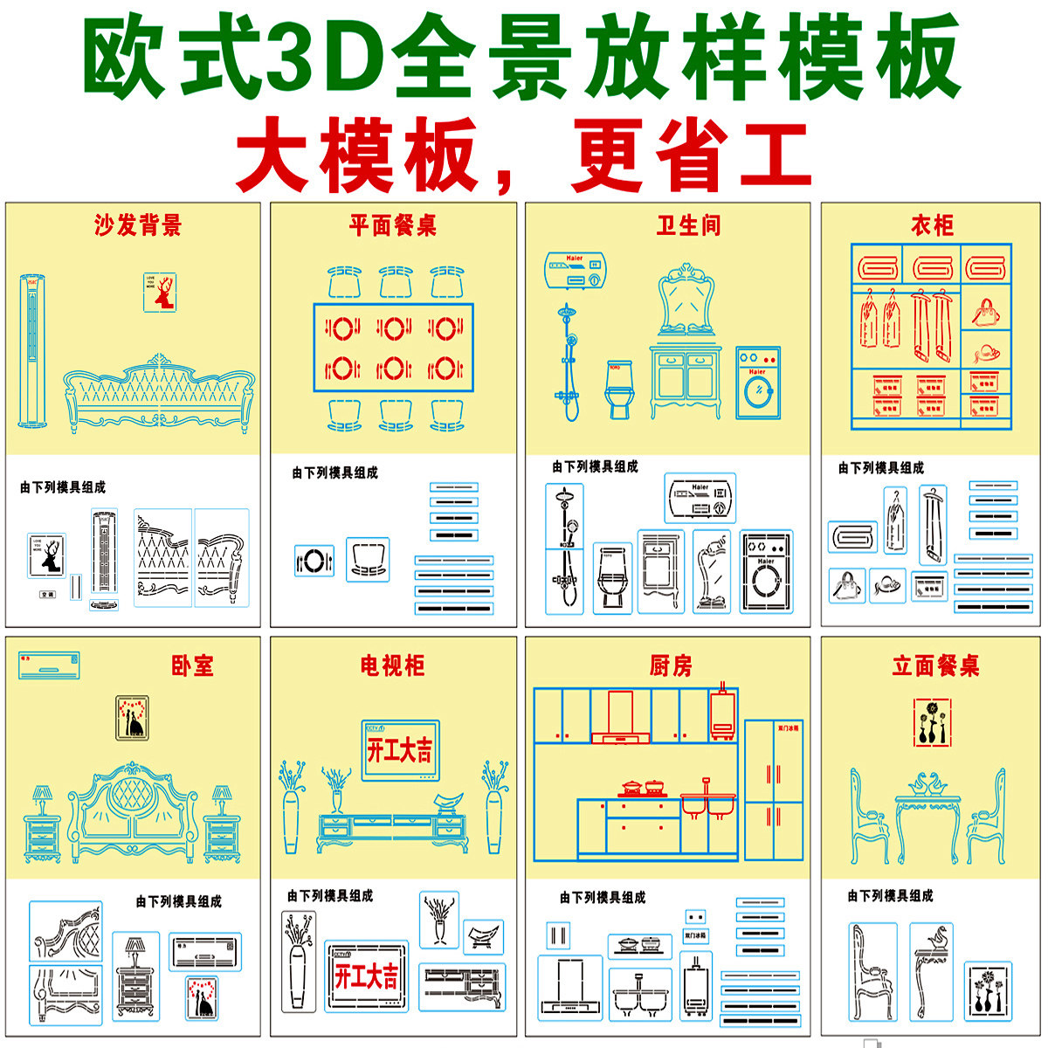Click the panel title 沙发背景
click(x=138, y=226)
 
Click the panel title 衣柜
click(x=932, y=226)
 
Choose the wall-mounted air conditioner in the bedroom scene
click(x=50, y=665)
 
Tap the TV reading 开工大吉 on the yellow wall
click(x=400, y=749)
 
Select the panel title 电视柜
click(x=392, y=666)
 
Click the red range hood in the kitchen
click(x=619, y=717)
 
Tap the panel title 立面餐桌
click(x=935, y=666)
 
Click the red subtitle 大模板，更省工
click(x=524, y=158)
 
